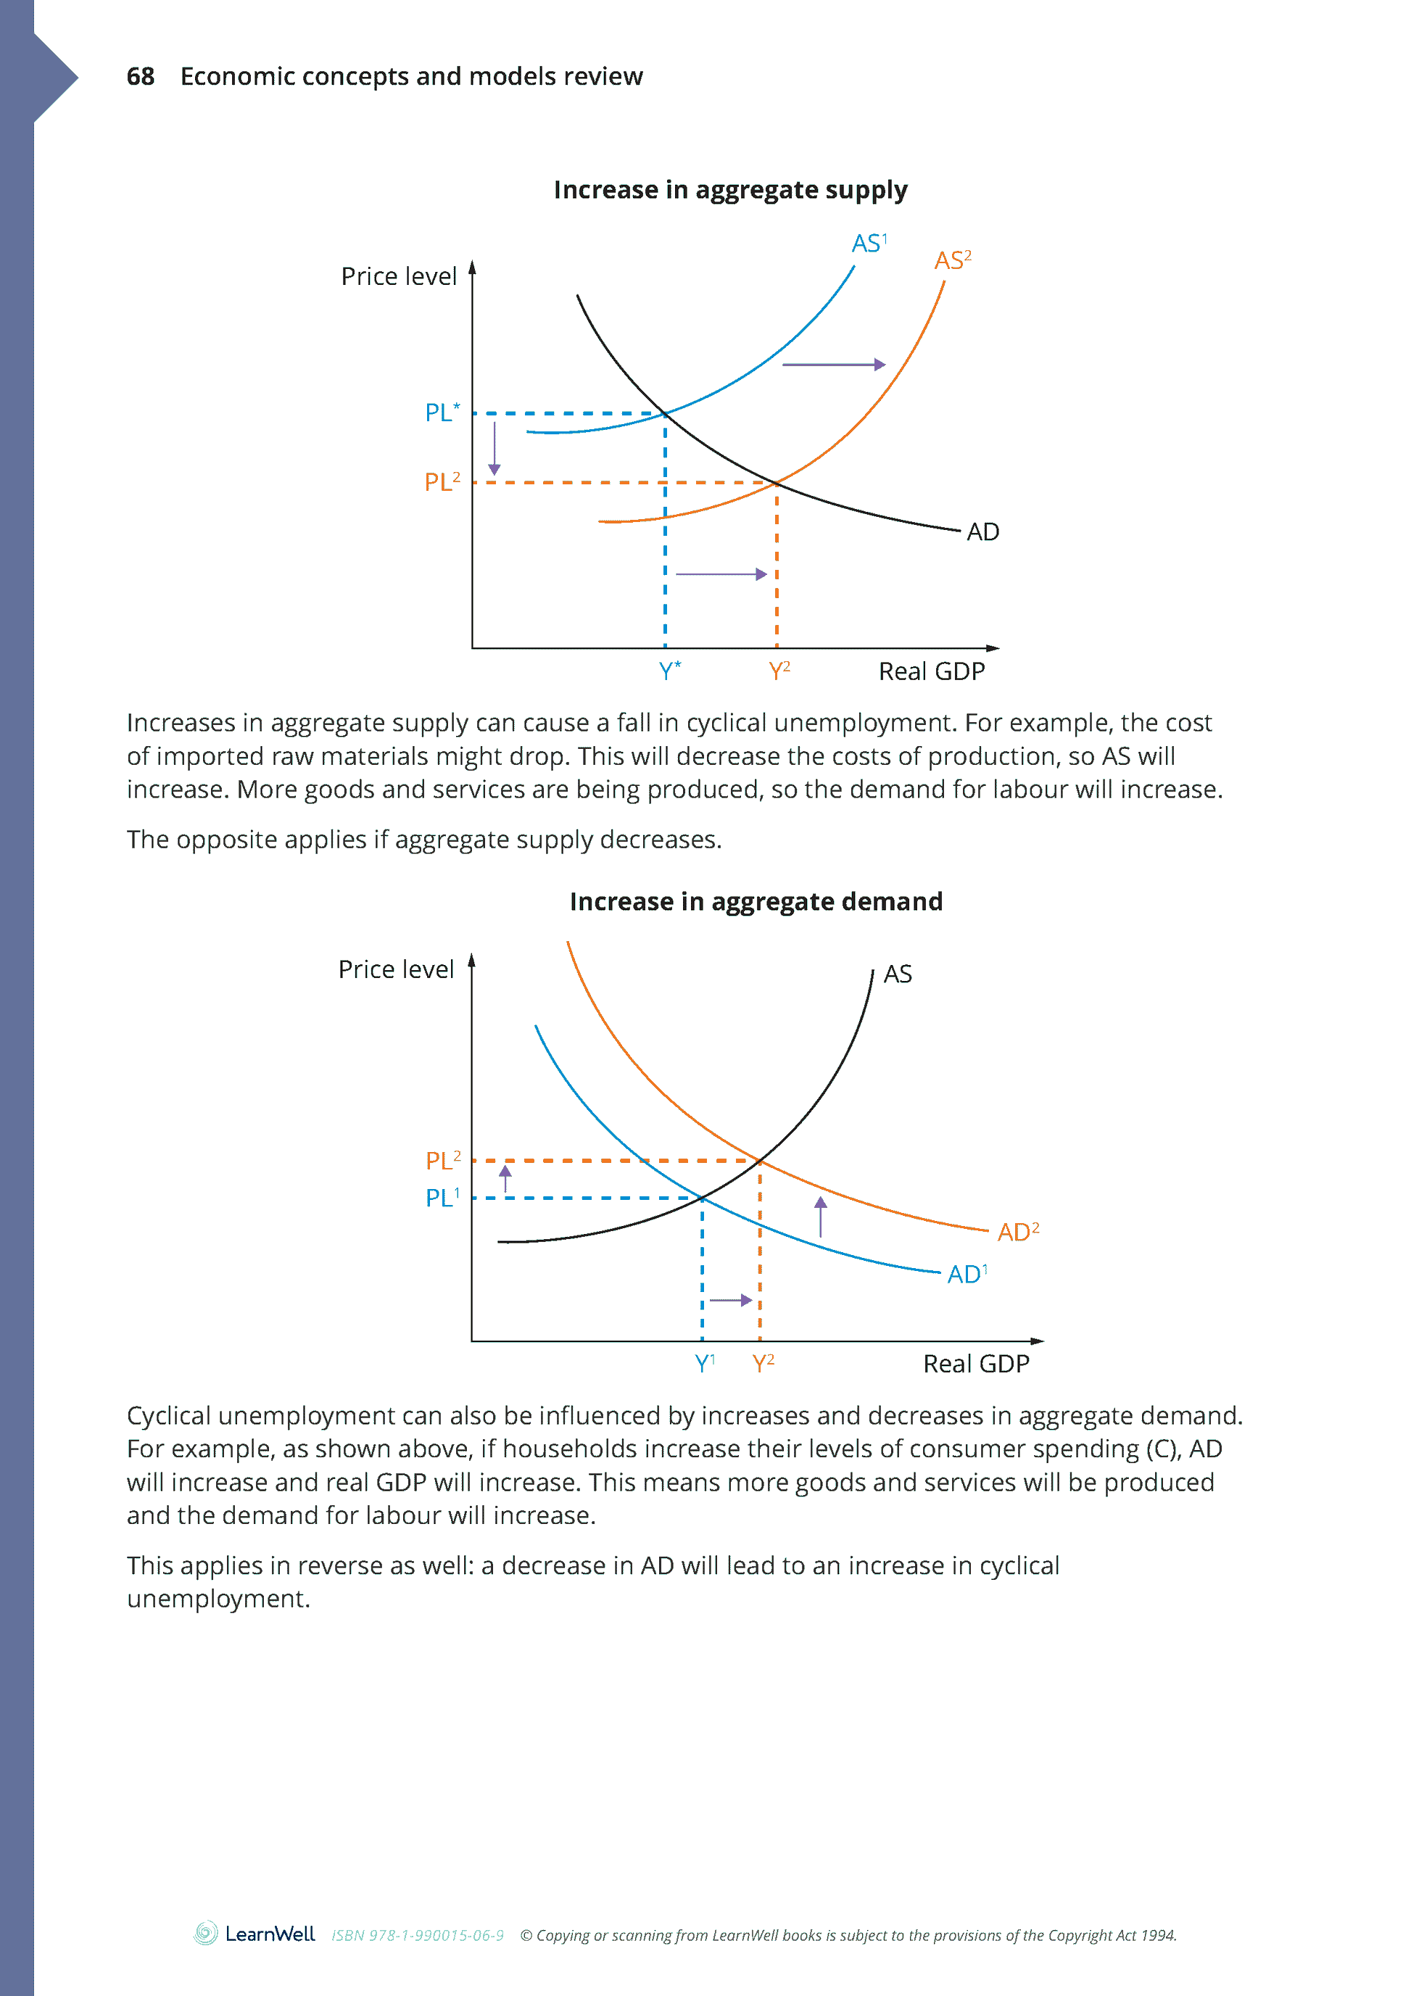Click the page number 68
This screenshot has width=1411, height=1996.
click(140, 77)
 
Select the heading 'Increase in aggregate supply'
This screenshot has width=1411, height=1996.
click(729, 189)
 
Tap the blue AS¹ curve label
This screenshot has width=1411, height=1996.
click(869, 244)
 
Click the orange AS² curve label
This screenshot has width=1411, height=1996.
click(952, 260)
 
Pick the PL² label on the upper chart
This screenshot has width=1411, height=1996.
click(442, 481)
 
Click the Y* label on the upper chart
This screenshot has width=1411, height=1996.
click(669, 671)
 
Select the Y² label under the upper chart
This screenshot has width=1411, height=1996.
click(779, 671)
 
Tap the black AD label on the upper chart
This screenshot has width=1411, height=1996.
click(982, 532)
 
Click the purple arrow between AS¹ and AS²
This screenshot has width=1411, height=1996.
click(833, 364)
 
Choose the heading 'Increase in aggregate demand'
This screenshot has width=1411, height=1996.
click(756, 901)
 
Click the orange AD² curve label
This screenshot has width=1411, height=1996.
click(1017, 1232)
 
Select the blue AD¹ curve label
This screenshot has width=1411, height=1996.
click(967, 1275)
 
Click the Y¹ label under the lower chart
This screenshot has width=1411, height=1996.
click(704, 1363)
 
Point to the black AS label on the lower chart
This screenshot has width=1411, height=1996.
click(897, 974)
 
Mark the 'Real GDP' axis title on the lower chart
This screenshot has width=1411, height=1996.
click(975, 1363)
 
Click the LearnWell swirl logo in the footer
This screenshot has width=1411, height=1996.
click(206, 1934)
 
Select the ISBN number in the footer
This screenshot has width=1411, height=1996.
click(418, 1935)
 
